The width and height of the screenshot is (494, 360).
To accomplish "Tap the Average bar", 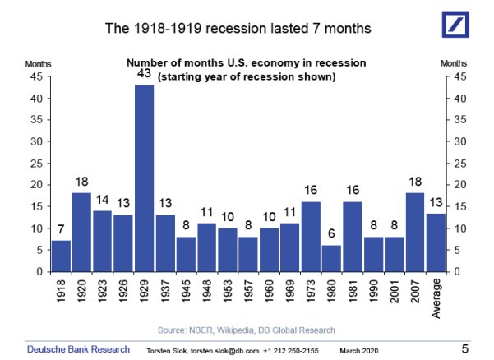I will click(435, 242).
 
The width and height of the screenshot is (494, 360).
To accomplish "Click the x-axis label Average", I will click(435, 301).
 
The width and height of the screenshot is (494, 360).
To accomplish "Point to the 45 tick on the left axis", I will click(37, 76).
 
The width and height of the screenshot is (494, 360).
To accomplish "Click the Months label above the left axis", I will click(38, 63).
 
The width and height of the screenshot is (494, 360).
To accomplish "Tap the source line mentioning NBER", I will click(247, 330).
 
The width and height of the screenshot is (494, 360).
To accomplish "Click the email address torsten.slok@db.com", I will click(225, 350).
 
